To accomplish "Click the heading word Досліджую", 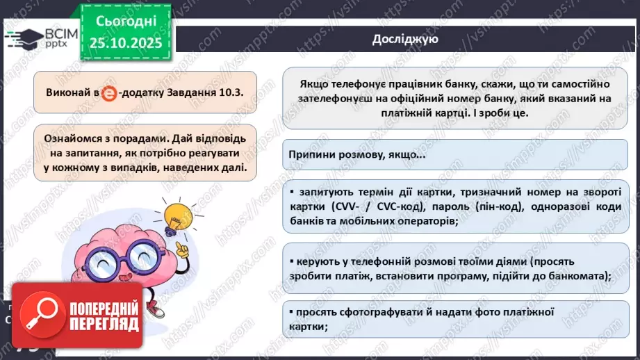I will pos(404,39).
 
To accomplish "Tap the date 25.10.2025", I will pos(125,44).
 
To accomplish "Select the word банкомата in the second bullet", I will pos(575,276).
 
